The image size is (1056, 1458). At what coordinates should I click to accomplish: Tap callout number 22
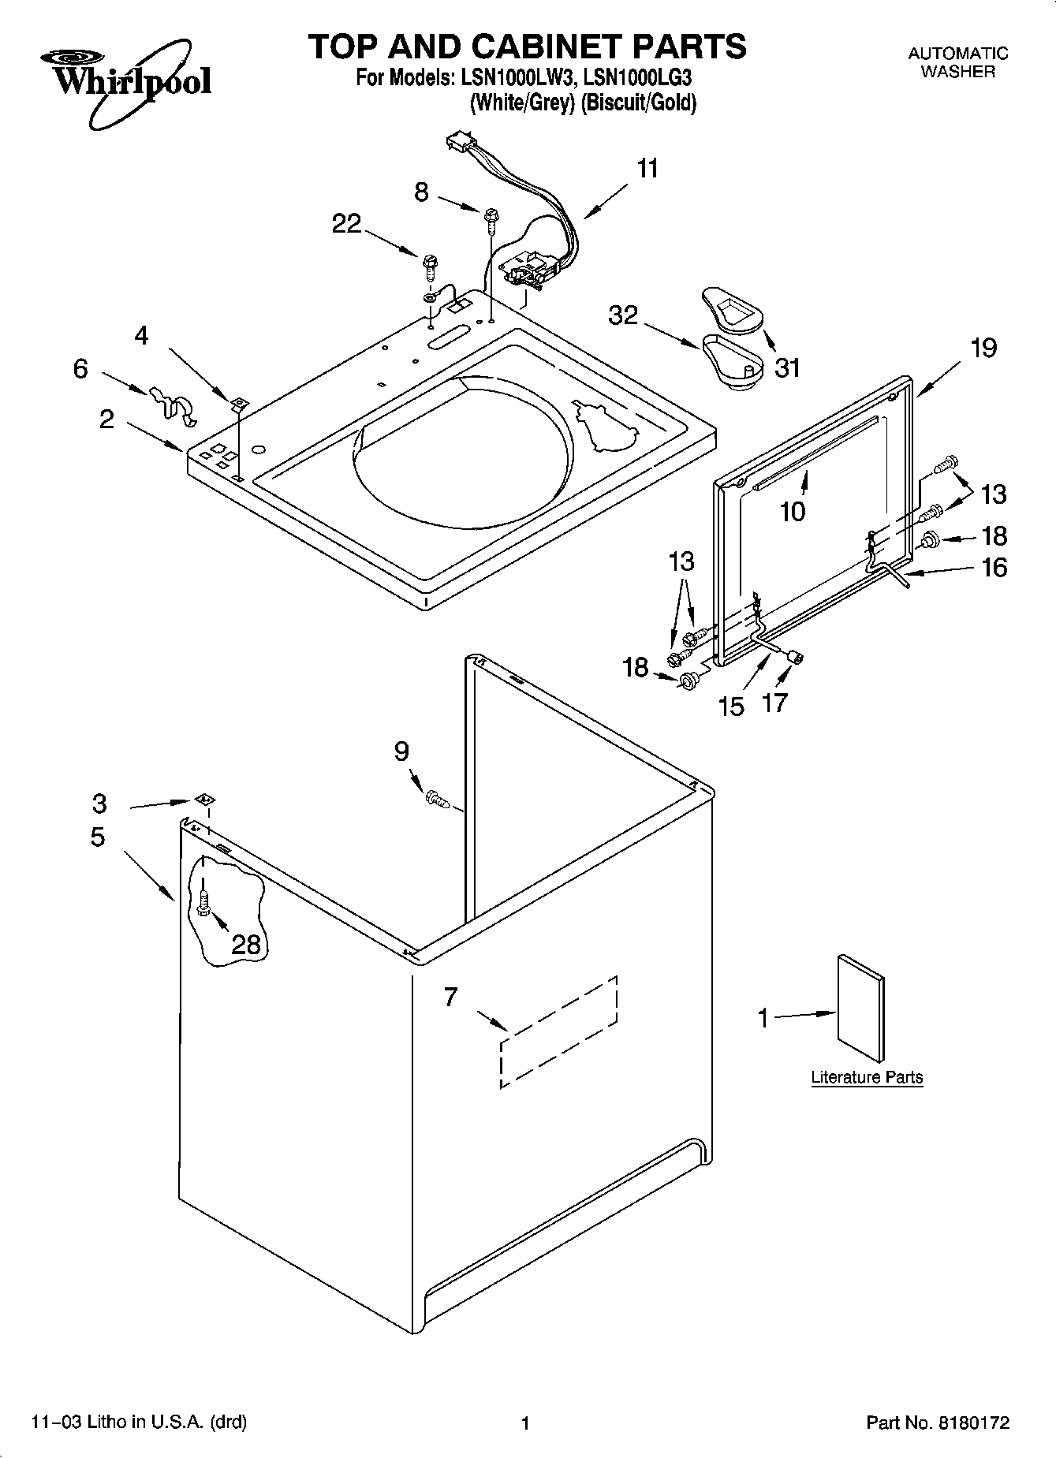click(347, 224)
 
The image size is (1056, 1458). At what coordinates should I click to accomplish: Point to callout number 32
click(623, 315)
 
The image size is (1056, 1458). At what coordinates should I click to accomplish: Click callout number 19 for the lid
click(983, 348)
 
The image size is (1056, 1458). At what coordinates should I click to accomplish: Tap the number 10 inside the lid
click(793, 512)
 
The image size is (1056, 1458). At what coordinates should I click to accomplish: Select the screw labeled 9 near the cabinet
click(438, 800)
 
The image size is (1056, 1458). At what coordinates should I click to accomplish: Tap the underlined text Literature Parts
click(867, 1077)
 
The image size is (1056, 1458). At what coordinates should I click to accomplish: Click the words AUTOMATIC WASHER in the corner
click(958, 62)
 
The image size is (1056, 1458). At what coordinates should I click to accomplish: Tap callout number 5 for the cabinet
click(97, 837)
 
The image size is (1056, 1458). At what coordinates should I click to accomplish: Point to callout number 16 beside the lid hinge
click(994, 567)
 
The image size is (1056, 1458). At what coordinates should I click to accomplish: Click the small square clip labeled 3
click(204, 799)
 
